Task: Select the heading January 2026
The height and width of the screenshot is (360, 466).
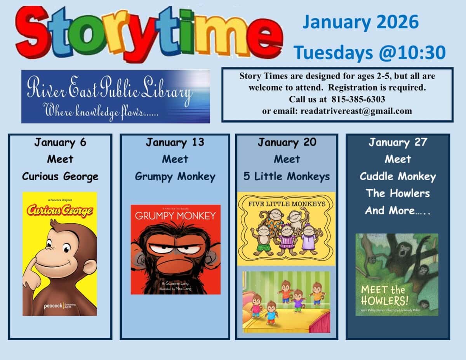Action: (361, 22)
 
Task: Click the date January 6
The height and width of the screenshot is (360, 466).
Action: (60, 143)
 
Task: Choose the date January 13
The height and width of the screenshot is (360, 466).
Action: (175, 143)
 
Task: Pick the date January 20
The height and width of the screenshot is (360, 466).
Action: (287, 143)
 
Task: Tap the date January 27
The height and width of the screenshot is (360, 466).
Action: (398, 143)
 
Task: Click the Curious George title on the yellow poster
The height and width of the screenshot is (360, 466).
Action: (59, 210)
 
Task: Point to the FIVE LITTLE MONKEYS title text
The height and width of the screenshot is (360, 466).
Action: (286, 203)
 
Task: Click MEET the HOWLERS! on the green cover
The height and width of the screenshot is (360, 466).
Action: (383, 295)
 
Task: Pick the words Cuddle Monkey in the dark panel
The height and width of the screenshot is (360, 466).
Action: (398, 176)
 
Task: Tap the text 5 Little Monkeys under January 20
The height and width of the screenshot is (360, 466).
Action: (287, 176)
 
